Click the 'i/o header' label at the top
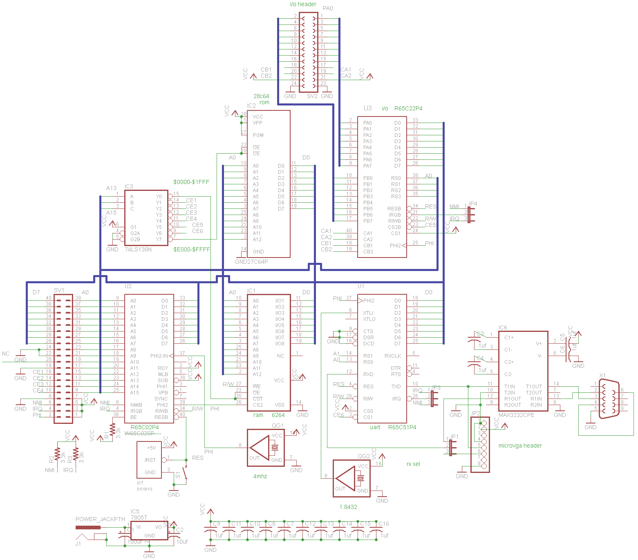coord(303,4)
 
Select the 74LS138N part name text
coord(138,249)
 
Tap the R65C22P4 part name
coord(408,108)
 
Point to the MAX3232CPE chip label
coord(516,415)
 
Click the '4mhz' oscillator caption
coord(260,476)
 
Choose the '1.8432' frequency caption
coord(348,507)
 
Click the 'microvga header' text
coord(520,446)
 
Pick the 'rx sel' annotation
coord(413,464)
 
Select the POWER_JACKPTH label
coord(100,519)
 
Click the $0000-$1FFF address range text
coord(191,182)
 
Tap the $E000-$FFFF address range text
coord(192,249)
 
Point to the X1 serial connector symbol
coord(609,399)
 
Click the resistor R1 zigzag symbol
coord(112,429)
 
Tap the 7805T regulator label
coord(139,517)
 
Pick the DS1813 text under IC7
coord(144,489)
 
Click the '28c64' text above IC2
coord(261,96)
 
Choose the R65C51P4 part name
coord(402,427)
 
